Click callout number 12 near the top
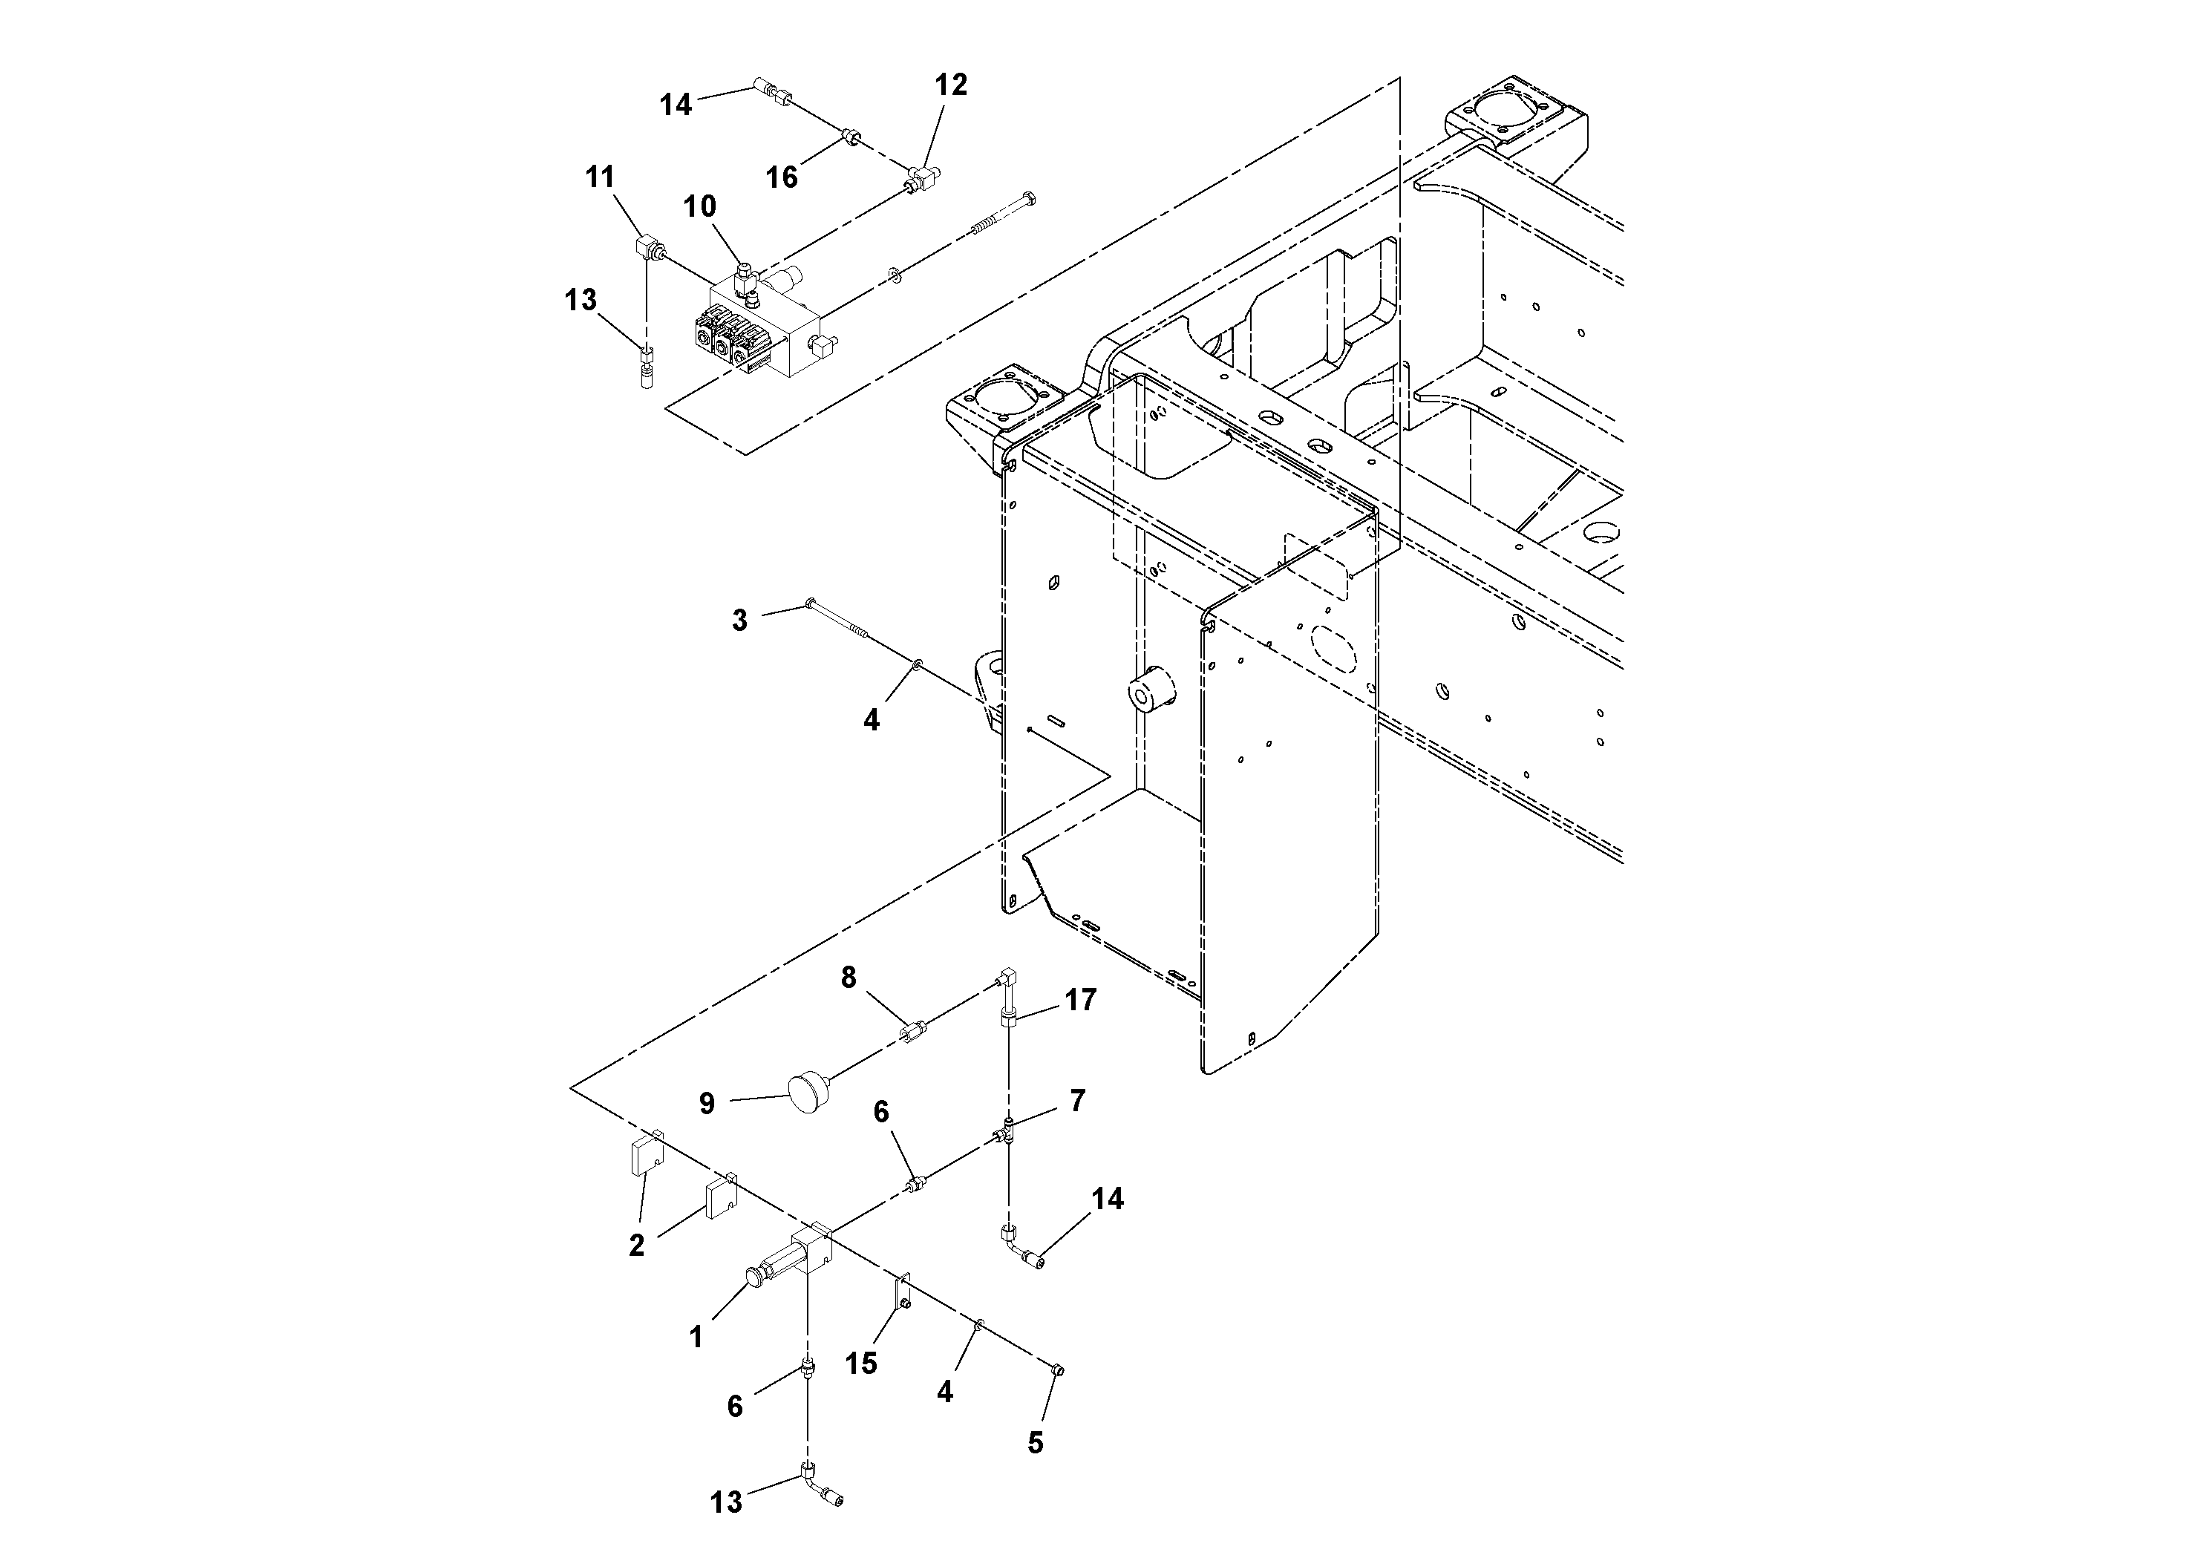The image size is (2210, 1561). point(950,85)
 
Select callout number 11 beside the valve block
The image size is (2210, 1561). point(600,177)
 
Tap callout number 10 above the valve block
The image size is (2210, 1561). point(700,206)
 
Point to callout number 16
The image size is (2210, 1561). point(782,177)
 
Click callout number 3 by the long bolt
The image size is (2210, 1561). point(739,621)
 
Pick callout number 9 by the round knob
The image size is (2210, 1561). point(707,1104)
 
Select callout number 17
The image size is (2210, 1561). point(1080,1001)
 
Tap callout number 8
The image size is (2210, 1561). point(848,978)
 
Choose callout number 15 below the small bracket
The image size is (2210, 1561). point(860,1364)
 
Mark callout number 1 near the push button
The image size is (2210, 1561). point(696,1337)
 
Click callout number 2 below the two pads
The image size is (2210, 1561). point(636,1246)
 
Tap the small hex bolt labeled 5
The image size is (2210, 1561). point(1058,1370)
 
